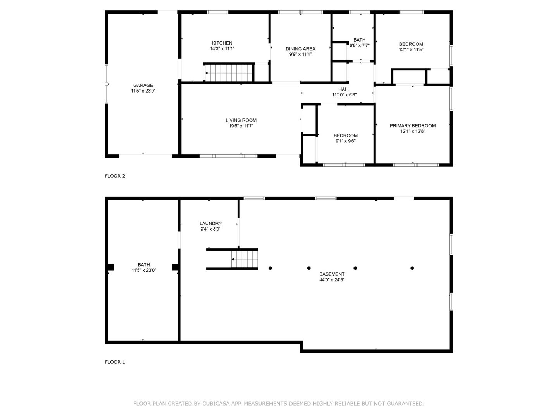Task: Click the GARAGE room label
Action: [143, 85]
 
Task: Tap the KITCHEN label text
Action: [222, 43]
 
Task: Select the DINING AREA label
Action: [300, 49]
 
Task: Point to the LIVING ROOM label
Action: [241, 120]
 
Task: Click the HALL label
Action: [344, 89]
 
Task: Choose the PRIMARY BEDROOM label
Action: [413, 126]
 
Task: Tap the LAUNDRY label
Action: [210, 223]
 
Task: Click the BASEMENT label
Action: [332, 274]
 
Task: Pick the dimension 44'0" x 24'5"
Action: [332, 280]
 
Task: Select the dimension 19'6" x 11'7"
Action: [241, 126]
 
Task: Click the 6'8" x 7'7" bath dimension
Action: [360, 46]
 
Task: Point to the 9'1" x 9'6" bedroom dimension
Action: [346, 141]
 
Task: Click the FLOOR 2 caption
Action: [115, 176]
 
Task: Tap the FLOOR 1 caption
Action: [115, 362]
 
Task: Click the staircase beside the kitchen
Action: [228, 73]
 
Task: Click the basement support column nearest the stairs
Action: [270, 268]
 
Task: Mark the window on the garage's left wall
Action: [107, 84]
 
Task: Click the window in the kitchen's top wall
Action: [217, 12]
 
